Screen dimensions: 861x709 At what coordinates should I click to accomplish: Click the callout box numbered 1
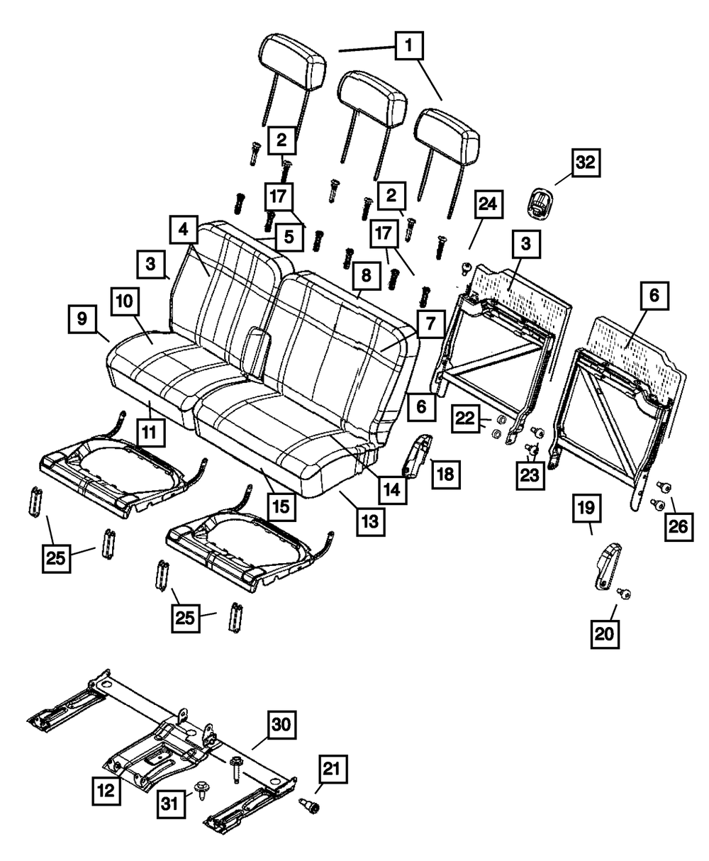coord(409,48)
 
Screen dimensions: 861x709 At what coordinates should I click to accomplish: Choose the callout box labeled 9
coord(82,319)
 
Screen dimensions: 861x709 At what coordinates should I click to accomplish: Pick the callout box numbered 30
coord(280,724)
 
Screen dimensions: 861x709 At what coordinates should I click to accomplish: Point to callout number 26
coord(678,528)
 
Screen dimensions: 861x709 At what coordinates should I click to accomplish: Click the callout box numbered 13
coord(371,523)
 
